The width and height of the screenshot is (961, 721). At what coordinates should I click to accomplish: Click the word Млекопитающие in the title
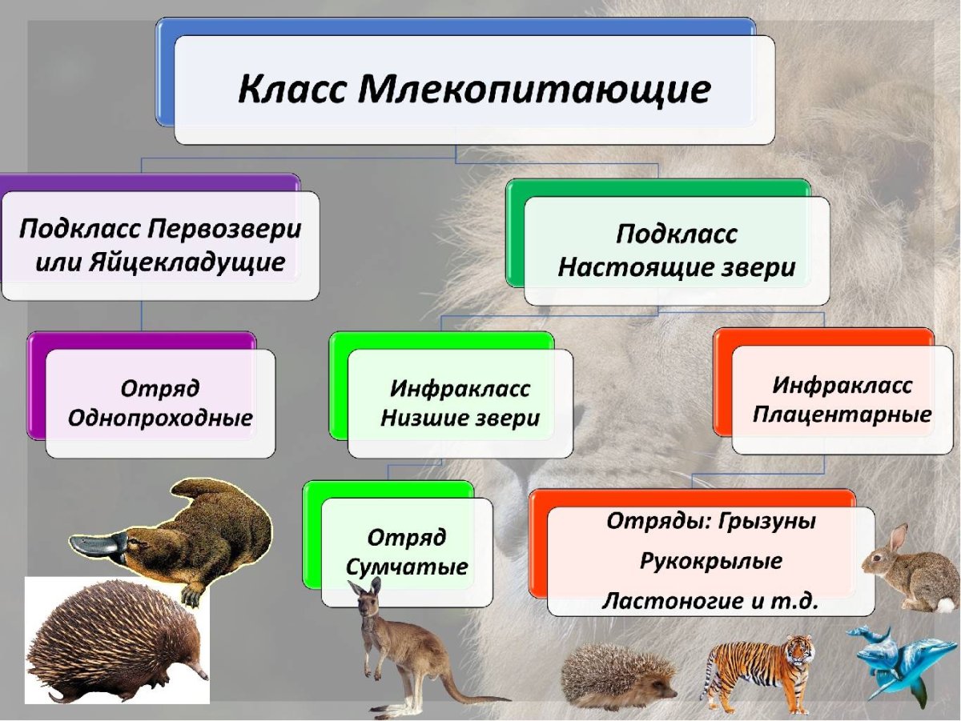[534, 90]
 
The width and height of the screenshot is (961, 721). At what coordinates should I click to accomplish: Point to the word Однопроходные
[160, 418]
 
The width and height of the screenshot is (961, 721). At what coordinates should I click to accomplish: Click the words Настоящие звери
[677, 268]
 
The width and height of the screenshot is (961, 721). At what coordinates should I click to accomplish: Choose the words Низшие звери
[460, 419]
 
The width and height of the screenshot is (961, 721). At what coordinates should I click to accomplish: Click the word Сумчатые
[407, 567]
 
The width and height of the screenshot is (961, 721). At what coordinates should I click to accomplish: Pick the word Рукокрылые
[710, 561]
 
